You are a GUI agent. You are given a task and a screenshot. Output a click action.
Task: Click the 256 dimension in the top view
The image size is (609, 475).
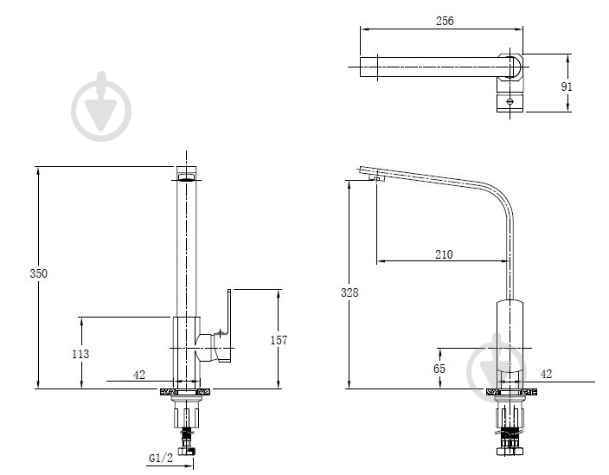445,21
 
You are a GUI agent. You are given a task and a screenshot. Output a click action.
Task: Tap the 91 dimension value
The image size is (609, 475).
567,87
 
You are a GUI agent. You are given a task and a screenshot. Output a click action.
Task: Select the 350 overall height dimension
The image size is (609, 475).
38,273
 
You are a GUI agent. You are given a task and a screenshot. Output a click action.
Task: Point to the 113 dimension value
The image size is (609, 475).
80,354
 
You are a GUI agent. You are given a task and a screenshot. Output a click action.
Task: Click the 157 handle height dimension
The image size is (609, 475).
279,340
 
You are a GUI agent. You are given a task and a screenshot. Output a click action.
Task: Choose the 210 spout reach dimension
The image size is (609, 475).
444,254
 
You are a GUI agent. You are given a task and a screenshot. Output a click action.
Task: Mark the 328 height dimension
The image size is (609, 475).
349,292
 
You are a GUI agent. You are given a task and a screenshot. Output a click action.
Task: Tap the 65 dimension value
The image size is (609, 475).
439,369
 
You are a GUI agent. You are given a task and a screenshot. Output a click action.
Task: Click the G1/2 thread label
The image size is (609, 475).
161,459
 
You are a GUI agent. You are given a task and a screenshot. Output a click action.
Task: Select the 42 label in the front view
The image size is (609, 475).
139,375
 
